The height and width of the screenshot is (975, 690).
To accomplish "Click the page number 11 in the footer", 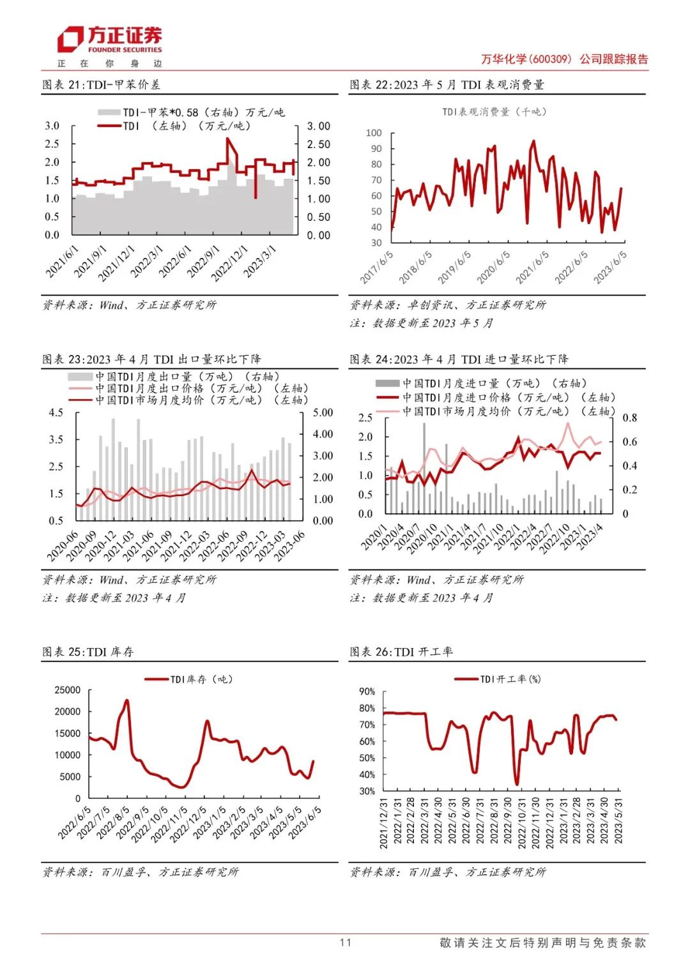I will [345, 942].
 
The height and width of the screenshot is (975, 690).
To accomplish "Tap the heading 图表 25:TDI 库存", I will [88, 651].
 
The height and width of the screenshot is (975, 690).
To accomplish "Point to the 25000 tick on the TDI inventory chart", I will [68, 690].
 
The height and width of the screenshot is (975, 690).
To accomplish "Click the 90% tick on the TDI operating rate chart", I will [367, 692].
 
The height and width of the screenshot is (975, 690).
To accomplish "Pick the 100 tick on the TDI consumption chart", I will [374, 133].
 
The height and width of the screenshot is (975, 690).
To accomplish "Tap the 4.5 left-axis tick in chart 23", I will [56, 412].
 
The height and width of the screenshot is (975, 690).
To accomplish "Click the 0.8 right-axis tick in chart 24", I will [629, 418].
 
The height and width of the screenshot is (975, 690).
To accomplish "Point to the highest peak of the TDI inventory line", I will [126, 700].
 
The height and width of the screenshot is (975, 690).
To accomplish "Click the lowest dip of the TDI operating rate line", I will [517, 784].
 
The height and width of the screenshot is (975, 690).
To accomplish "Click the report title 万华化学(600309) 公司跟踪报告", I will [564, 59].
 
